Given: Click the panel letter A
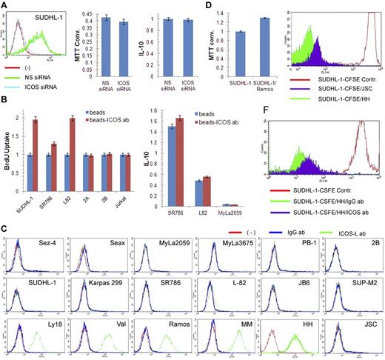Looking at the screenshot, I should tap(5, 6).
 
